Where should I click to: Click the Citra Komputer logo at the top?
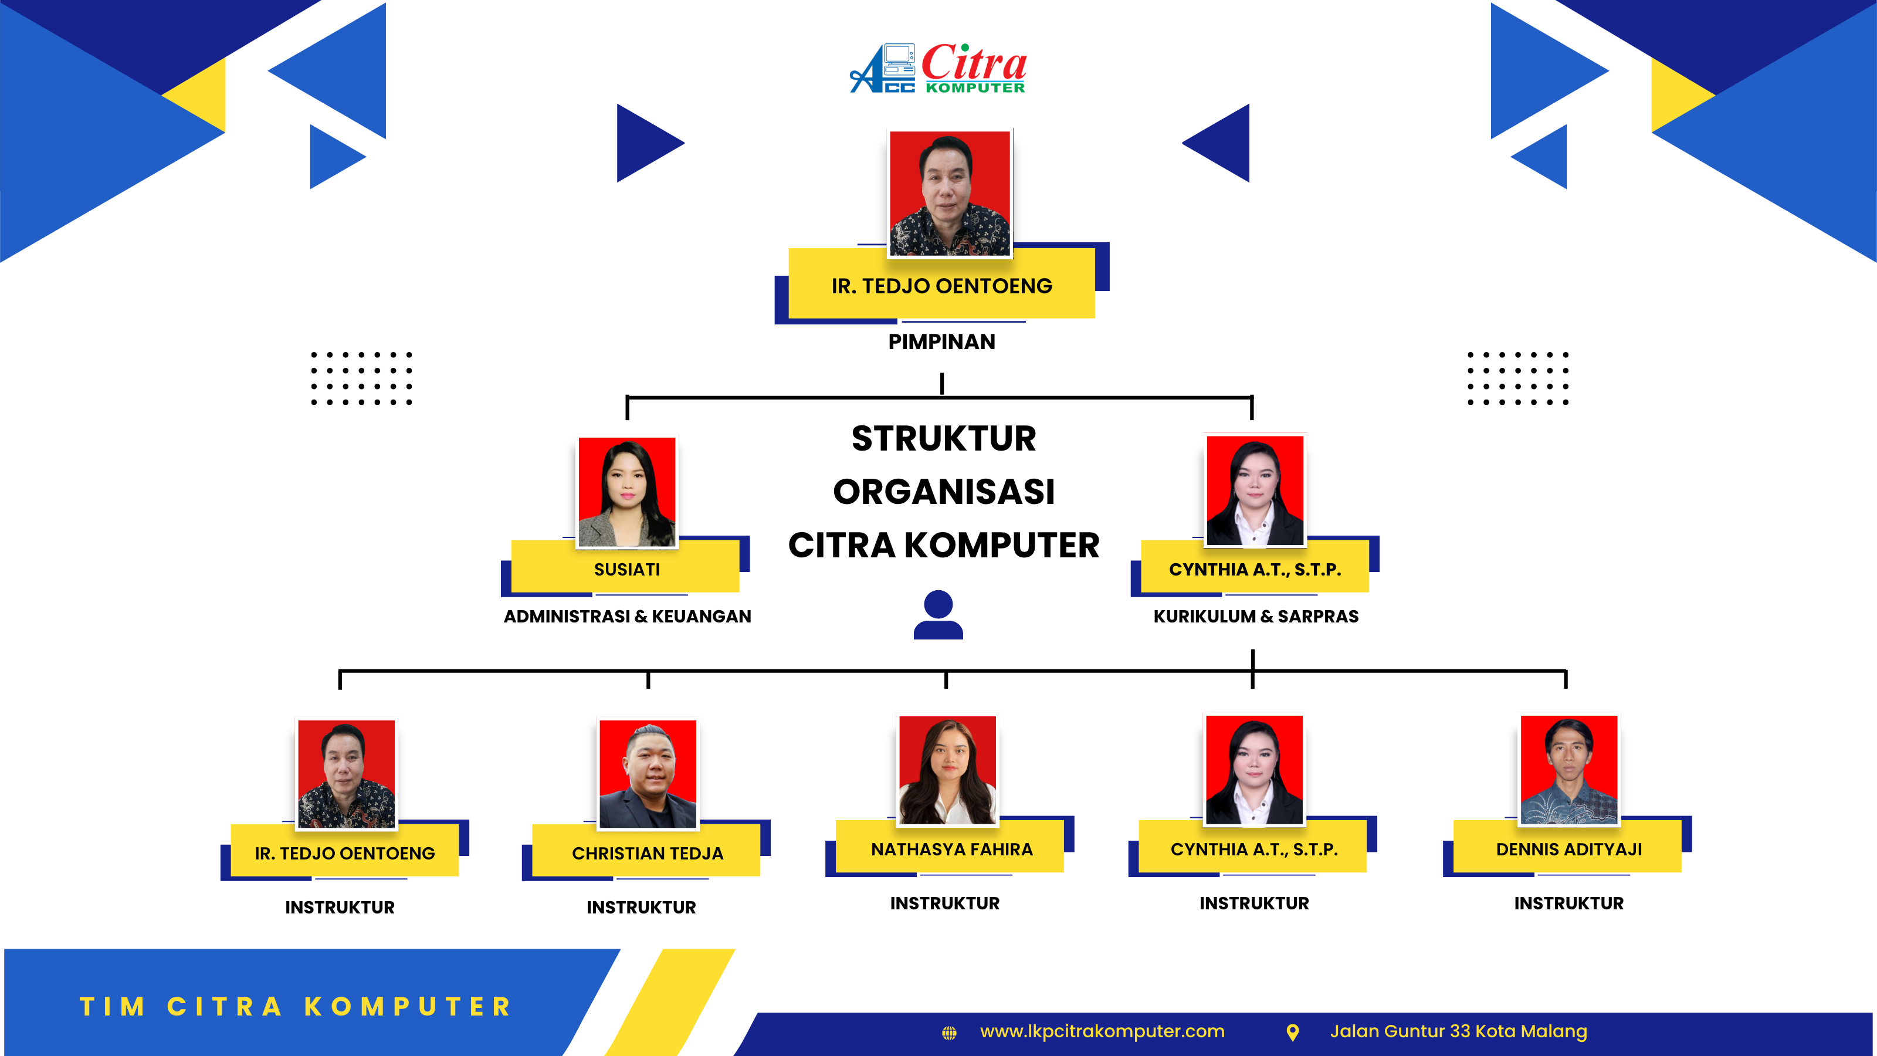(938, 69)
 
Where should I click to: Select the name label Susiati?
(626, 569)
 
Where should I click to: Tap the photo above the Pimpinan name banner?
(950, 193)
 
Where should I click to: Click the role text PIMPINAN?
(941, 342)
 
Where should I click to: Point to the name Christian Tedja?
(648, 854)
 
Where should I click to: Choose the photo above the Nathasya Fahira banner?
(947, 770)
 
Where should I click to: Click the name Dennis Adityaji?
(1569, 849)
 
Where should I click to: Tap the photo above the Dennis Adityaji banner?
(1569, 770)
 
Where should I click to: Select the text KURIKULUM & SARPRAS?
(1255, 617)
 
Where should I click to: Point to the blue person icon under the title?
(938, 614)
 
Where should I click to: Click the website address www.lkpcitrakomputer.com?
(1102, 1031)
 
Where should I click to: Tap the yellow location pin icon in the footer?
(1293, 1032)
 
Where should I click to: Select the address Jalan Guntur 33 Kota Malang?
(1458, 1031)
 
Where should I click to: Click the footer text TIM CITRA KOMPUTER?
(295, 1007)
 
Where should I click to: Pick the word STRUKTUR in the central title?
(944, 439)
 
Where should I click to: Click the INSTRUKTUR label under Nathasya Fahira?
(945, 903)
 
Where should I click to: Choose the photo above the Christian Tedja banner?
(648, 774)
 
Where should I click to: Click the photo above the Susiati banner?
(626, 492)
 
